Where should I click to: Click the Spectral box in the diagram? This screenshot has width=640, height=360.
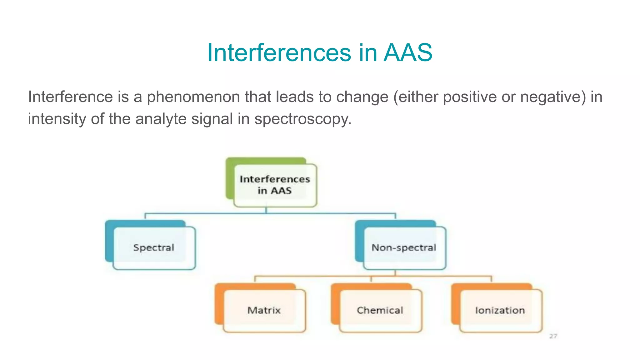click(x=153, y=248)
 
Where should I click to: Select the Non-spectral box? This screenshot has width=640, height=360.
click(x=404, y=248)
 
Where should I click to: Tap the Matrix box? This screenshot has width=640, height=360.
click(x=264, y=310)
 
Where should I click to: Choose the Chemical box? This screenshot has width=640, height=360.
click(x=380, y=310)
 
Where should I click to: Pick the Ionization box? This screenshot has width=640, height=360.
click(x=500, y=310)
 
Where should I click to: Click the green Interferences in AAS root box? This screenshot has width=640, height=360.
click(x=275, y=185)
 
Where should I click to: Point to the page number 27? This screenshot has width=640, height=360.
click(x=553, y=336)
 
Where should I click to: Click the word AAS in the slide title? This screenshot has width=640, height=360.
click(x=408, y=52)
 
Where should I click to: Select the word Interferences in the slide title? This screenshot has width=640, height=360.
click(x=279, y=52)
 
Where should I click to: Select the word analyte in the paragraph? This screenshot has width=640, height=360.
click(x=161, y=119)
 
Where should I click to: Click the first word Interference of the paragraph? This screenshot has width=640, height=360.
click(x=70, y=97)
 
